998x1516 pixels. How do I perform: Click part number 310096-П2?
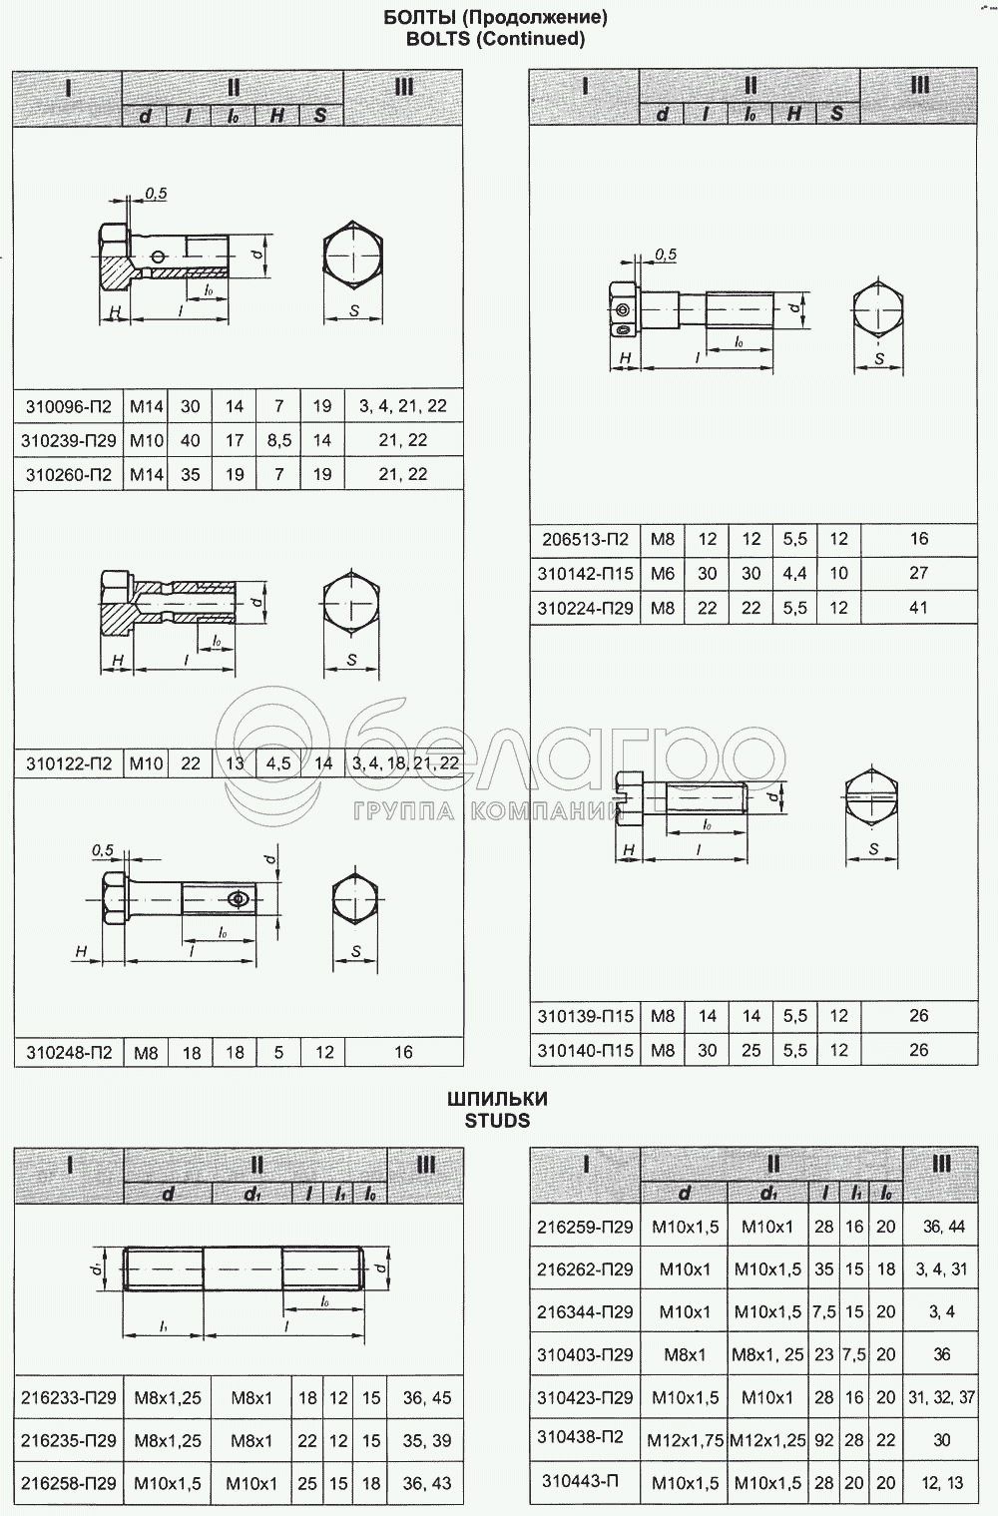[x=68, y=406]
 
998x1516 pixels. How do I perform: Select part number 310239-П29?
[x=68, y=440]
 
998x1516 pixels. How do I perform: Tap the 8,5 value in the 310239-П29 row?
[x=278, y=440]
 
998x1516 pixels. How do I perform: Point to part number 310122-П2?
[x=68, y=764]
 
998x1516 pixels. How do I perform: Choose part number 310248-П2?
[x=68, y=1052]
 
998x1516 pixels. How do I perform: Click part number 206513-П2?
[x=585, y=539]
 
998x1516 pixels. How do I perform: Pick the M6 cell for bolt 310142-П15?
[x=663, y=573]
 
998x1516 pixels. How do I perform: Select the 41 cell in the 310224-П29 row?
[x=918, y=608]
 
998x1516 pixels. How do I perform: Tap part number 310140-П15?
[x=585, y=1050]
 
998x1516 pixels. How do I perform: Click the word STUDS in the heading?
[x=497, y=1121]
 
